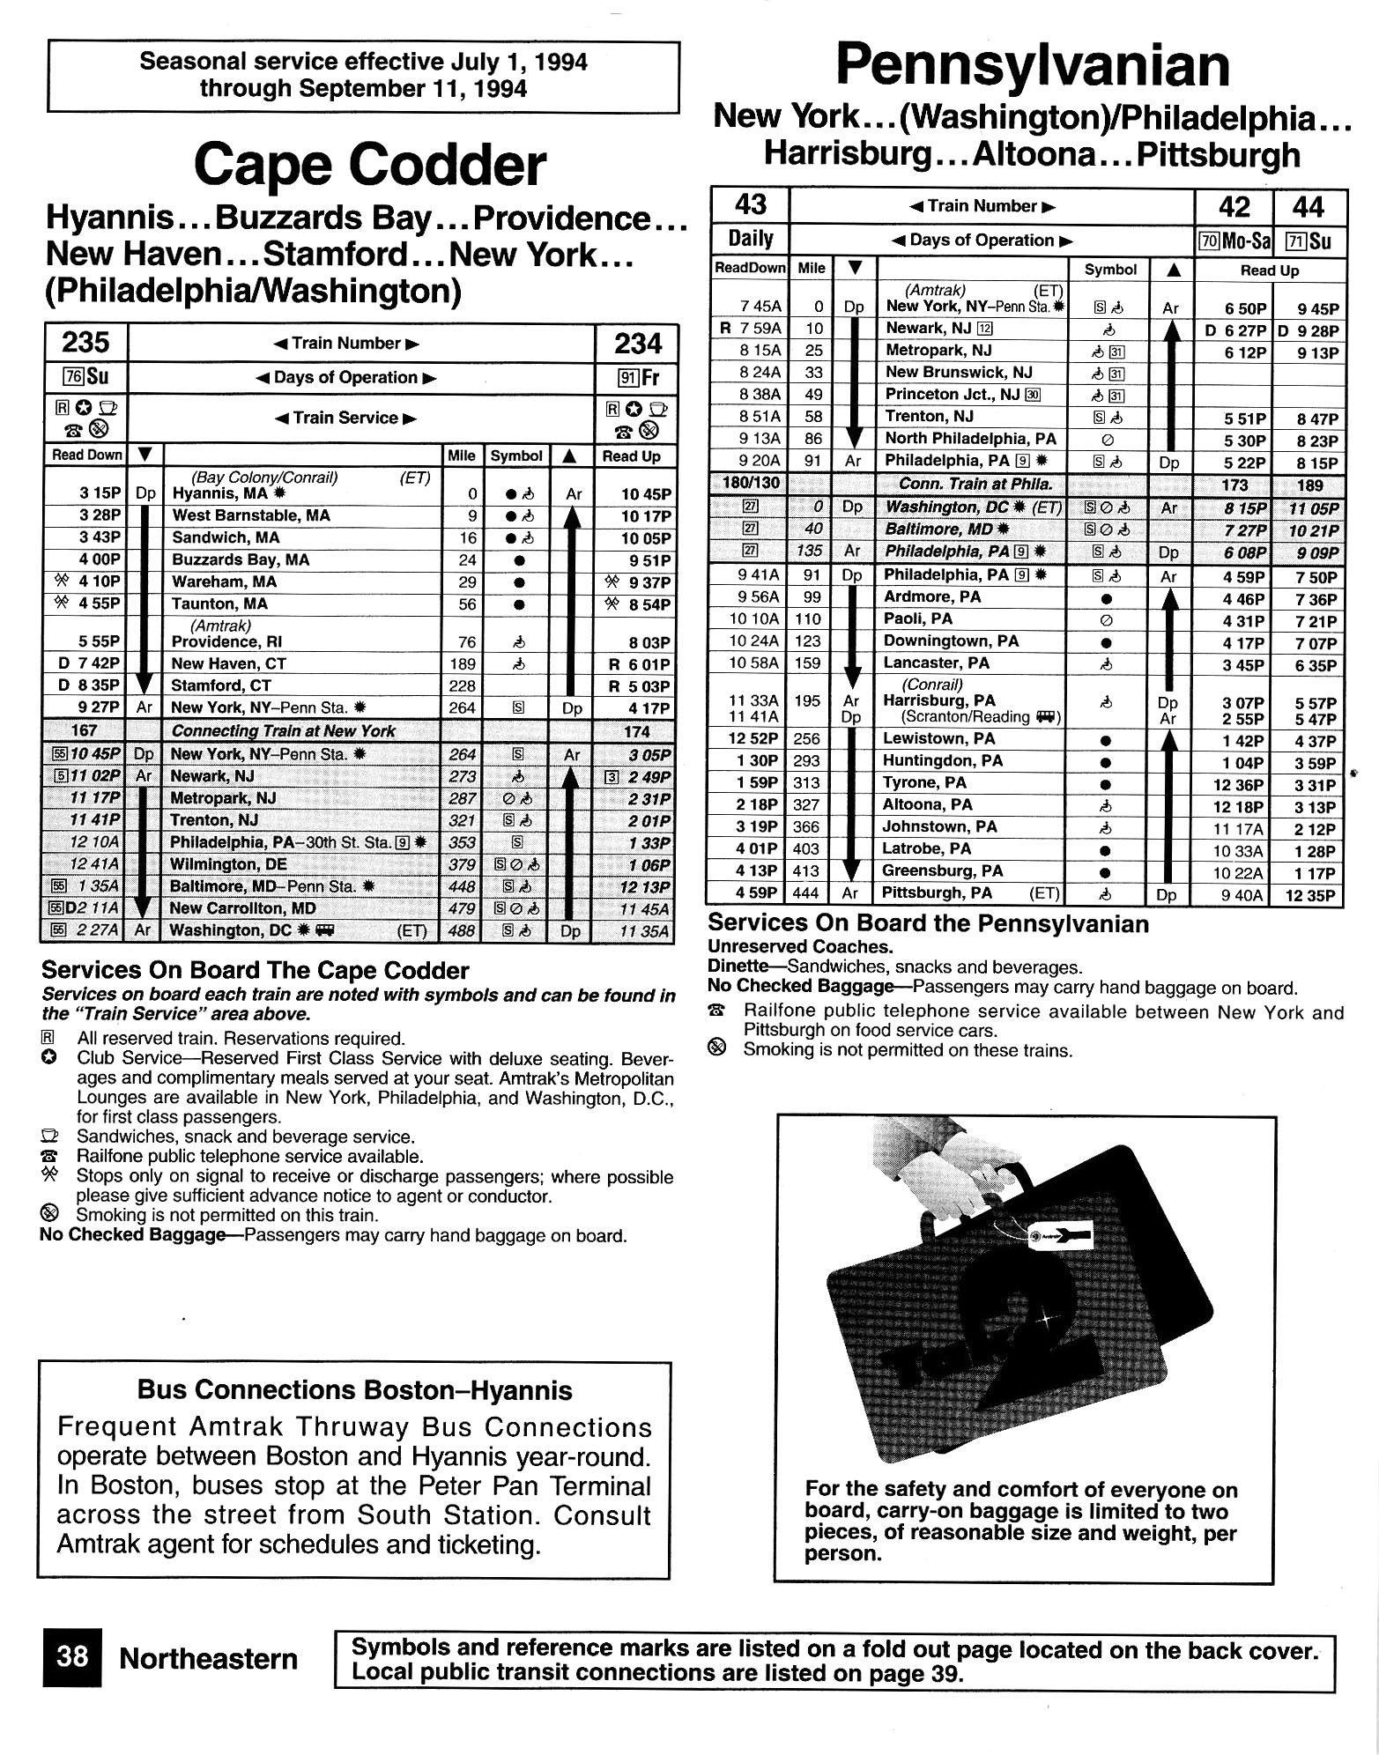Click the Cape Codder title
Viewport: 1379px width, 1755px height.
[x=369, y=165]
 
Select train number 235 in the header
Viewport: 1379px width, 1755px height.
[x=85, y=342]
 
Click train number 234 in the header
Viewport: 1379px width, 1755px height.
[x=636, y=343]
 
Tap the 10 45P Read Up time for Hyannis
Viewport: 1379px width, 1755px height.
[x=646, y=495]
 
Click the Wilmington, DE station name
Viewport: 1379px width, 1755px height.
[x=228, y=864]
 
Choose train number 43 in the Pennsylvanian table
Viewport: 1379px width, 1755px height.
[x=750, y=205]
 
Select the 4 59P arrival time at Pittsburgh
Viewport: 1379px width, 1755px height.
[x=759, y=893]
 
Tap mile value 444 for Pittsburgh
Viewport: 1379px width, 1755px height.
[x=809, y=893]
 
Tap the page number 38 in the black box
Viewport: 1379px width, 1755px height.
[x=72, y=1658]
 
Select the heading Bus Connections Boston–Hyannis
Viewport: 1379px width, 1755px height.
[x=354, y=1389]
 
